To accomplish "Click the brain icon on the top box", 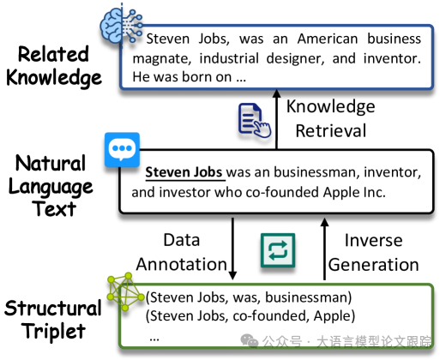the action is click(x=121, y=26).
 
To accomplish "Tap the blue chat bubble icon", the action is click(x=122, y=149).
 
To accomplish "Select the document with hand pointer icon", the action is click(x=255, y=120).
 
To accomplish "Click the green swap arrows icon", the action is click(x=278, y=250).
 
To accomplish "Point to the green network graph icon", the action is click(x=125, y=291).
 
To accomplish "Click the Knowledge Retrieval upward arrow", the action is click(x=276, y=119).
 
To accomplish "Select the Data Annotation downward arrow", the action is click(x=232, y=249).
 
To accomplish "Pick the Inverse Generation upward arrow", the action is click(x=324, y=249).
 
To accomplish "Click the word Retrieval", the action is click(x=331, y=131).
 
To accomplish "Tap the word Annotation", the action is click(x=182, y=264).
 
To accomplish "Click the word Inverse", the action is click(x=373, y=240).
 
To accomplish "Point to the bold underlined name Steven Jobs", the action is click(x=184, y=172).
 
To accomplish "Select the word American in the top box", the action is click(x=328, y=39).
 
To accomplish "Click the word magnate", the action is click(x=162, y=59).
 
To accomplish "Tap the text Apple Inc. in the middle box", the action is click(x=354, y=192).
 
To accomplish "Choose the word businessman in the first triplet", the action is click(x=307, y=297).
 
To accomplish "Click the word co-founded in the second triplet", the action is click(x=271, y=316).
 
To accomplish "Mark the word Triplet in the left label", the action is click(x=54, y=331).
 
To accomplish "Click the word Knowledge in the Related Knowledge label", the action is click(x=54, y=78).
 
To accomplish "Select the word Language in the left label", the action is click(x=51, y=187).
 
